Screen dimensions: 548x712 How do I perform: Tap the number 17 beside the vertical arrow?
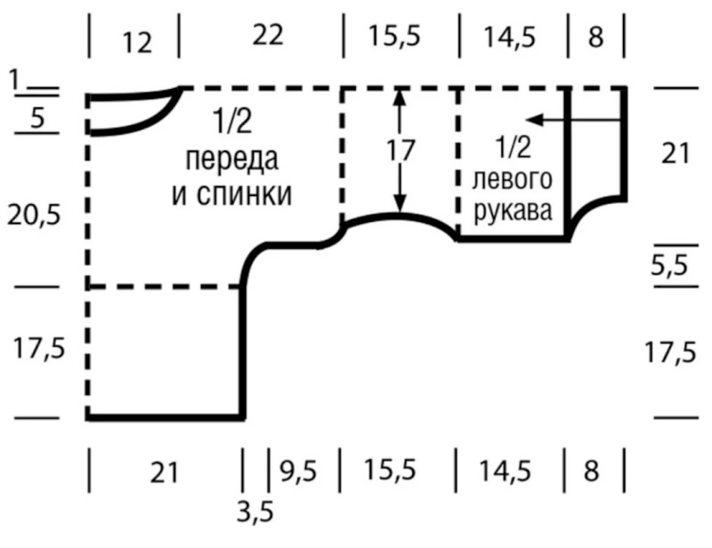click(401, 151)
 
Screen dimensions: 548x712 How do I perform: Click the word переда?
click(231, 159)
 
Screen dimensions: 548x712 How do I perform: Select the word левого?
click(511, 180)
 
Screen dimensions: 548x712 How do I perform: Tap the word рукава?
click(511, 213)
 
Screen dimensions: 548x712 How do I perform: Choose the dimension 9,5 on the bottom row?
click(297, 469)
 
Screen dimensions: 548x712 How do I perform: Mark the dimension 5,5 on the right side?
click(673, 266)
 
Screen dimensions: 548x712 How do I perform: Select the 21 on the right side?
click(676, 153)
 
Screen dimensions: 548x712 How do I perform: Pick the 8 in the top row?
click(595, 37)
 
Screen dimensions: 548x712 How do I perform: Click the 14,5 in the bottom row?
click(510, 469)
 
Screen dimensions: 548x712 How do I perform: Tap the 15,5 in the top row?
click(398, 37)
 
